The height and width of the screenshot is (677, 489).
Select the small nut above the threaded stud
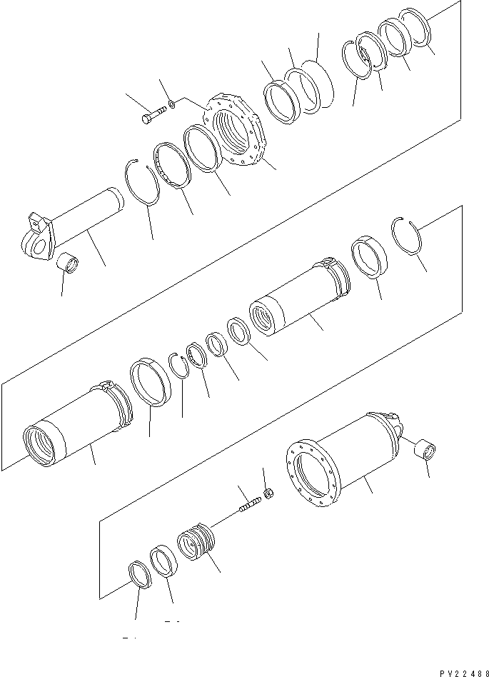pos(270,492)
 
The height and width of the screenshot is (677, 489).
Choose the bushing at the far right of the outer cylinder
pos(427,451)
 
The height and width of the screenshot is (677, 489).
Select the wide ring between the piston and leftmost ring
pos(165,561)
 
